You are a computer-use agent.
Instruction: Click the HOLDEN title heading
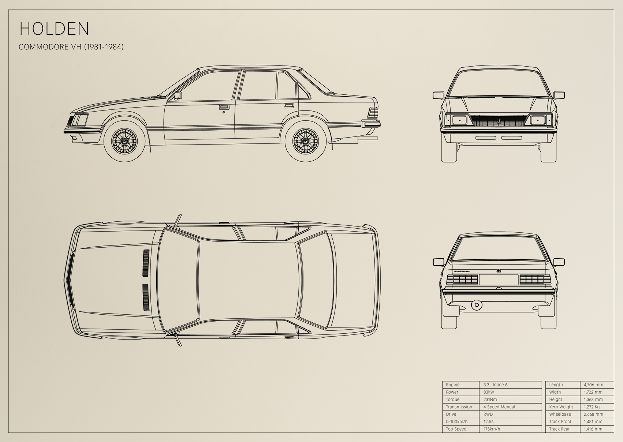(x=54, y=29)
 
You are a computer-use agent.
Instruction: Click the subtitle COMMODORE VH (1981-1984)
(x=71, y=47)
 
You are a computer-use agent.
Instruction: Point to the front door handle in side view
(x=223, y=107)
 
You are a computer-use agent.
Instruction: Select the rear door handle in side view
(x=288, y=106)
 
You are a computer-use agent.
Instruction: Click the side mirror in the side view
(x=178, y=95)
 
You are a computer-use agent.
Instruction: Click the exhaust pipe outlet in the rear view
(x=477, y=305)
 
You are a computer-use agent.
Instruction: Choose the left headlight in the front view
(x=459, y=120)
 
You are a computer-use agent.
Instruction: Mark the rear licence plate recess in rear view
(x=499, y=280)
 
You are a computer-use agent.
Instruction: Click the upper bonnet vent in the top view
(x=146, y=263)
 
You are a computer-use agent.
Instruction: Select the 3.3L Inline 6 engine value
(x=495, y=385)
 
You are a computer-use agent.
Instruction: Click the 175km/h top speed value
(x=492, y=429)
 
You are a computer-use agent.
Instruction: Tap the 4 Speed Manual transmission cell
(x=499, y=407)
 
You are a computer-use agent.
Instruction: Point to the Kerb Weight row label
(x=561, y=407)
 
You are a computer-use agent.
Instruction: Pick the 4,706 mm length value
(x=593, y=385)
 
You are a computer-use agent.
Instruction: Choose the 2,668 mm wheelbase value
(x=593, y=414)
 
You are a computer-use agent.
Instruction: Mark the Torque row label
(x=452, y=400)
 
